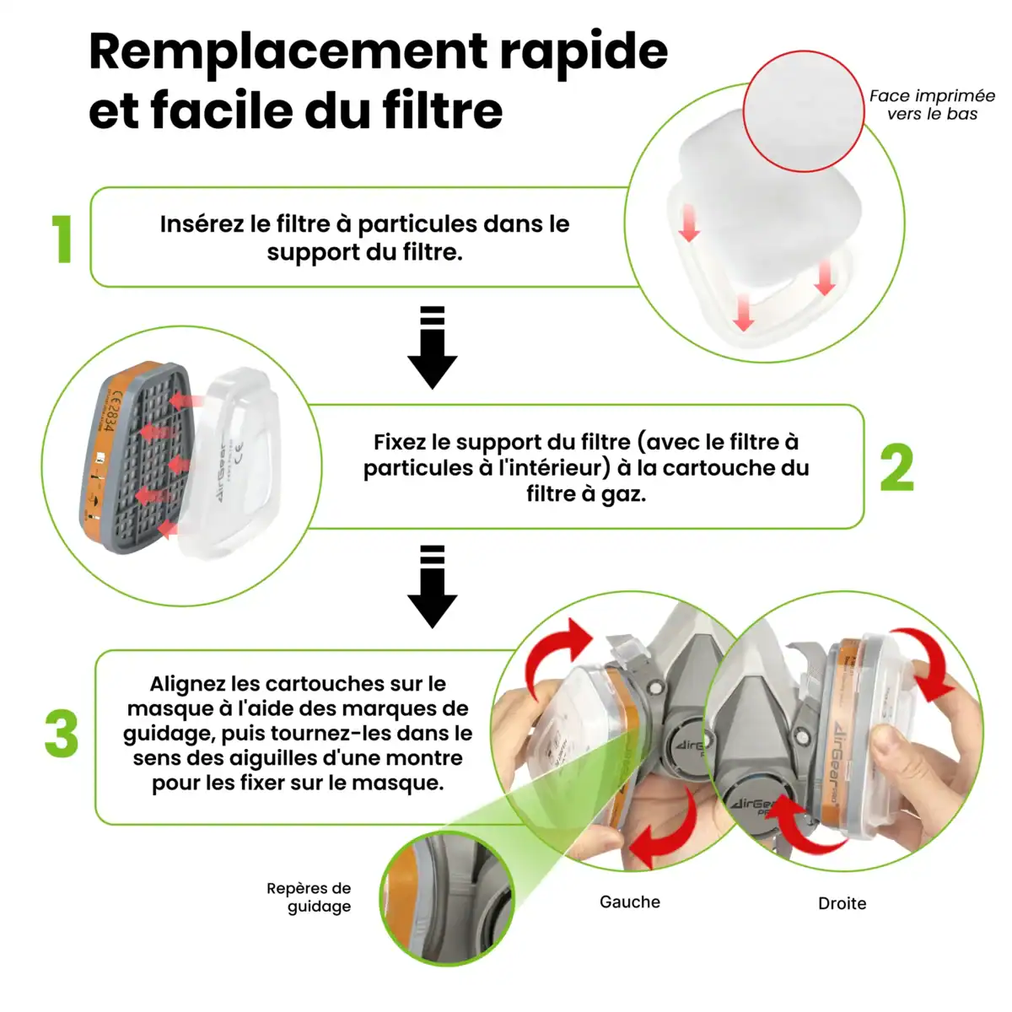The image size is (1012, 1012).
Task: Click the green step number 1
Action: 62,239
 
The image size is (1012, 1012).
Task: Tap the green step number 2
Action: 897,466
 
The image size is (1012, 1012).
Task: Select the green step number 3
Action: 62,733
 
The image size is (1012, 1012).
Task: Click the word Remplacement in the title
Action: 288,52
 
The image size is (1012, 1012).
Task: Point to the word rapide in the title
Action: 584,52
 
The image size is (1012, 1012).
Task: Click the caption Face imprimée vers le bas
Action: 932,105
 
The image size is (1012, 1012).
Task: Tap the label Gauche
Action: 630,902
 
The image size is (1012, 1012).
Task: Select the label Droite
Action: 842,903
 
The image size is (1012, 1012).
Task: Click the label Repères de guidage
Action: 309,897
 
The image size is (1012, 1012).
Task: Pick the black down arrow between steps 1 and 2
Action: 433,347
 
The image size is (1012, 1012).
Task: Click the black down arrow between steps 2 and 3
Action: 433,587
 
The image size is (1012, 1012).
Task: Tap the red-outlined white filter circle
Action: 804,111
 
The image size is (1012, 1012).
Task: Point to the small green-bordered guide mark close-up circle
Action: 447,899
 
